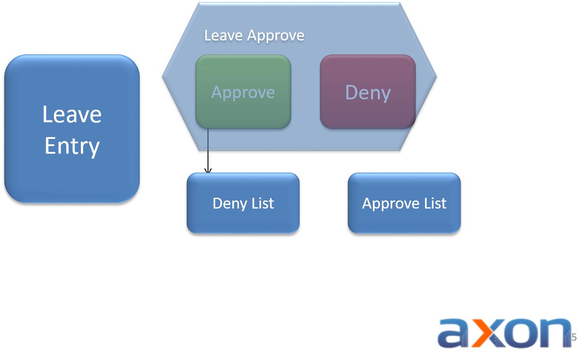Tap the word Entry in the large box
[72, 146]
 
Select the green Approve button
[243, 92]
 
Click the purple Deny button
[368, 92]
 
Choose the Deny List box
[243, 203]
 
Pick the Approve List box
[404, 203]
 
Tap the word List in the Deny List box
[263, 203]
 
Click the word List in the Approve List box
[435, 203]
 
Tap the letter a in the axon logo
[454, 333]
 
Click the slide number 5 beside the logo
[575, 337]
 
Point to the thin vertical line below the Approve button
[208, 140]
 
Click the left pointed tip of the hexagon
[164, 76]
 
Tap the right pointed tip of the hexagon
[435, 76]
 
